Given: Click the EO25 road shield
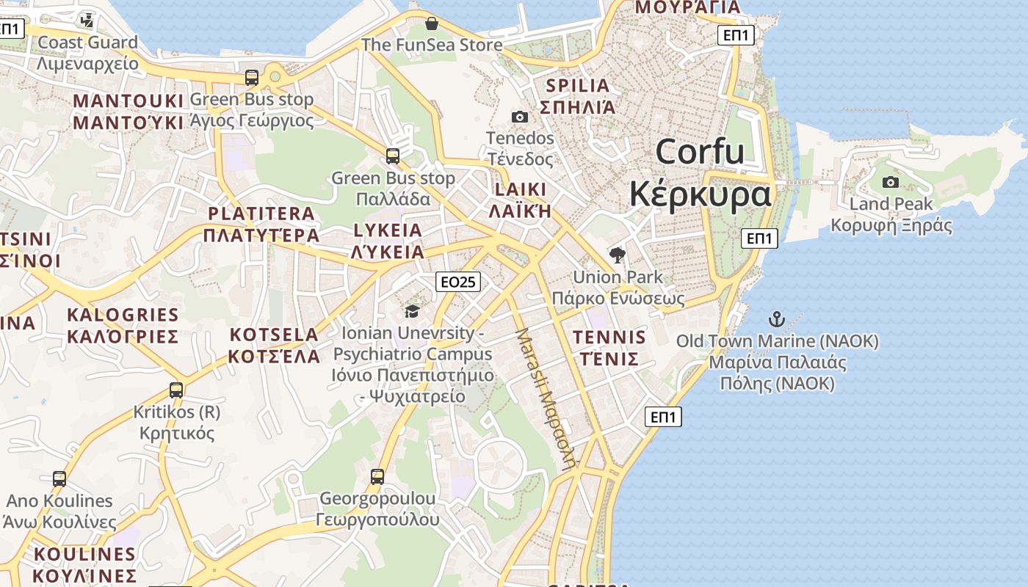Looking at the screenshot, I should coord(458,282).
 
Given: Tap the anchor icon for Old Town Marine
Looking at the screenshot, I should coord(776,319).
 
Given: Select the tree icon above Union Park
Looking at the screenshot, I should coord(618,255).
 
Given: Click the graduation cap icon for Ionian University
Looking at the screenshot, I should coord(412,311).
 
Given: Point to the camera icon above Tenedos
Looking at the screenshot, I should coord(519,117).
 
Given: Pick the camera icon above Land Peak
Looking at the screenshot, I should coord(890,182).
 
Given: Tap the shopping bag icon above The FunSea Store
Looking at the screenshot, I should coord(432,23).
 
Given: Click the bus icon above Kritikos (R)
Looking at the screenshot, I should coord(176,390).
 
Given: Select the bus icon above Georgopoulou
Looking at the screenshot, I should coord(377,477).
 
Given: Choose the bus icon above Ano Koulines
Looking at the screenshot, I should coord(59,479).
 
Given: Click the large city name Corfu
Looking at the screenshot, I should coord(700,152).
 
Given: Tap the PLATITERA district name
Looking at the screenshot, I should coord(261,214).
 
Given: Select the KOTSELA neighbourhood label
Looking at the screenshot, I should coord(274,335).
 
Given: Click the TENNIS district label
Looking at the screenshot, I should coord(609,338).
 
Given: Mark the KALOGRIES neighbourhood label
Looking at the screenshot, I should coord(123,316).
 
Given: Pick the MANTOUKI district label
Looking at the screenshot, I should coord(128,101).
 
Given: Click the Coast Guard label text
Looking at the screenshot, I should coord(87,43).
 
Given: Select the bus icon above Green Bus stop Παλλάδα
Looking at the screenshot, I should coord(393,156).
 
